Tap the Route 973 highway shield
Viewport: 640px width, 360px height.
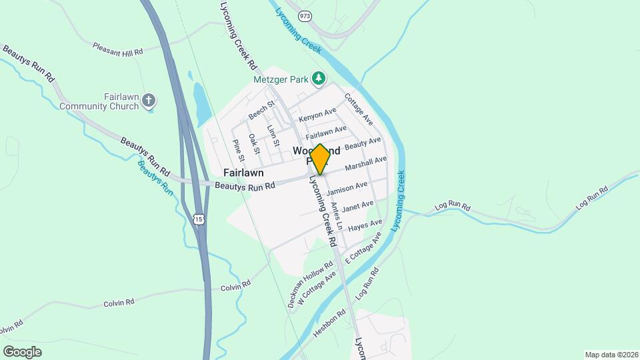tap(306, 15)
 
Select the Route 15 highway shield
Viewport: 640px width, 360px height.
tap(199, 219)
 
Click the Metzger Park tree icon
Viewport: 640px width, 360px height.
tap(319, 79)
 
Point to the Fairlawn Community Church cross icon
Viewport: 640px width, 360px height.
tap(149, 101)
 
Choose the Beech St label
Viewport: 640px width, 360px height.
tap(261, 111)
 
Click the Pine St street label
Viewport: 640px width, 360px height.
tap(238, 149)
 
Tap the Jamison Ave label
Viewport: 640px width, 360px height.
tap(347, 189)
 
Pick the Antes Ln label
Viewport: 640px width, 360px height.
tap(336, 216)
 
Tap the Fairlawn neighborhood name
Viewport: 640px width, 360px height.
tap(243, 172)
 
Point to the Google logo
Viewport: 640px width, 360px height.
tap(22, 352)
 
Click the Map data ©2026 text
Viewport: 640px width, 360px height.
tap(611, 355)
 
